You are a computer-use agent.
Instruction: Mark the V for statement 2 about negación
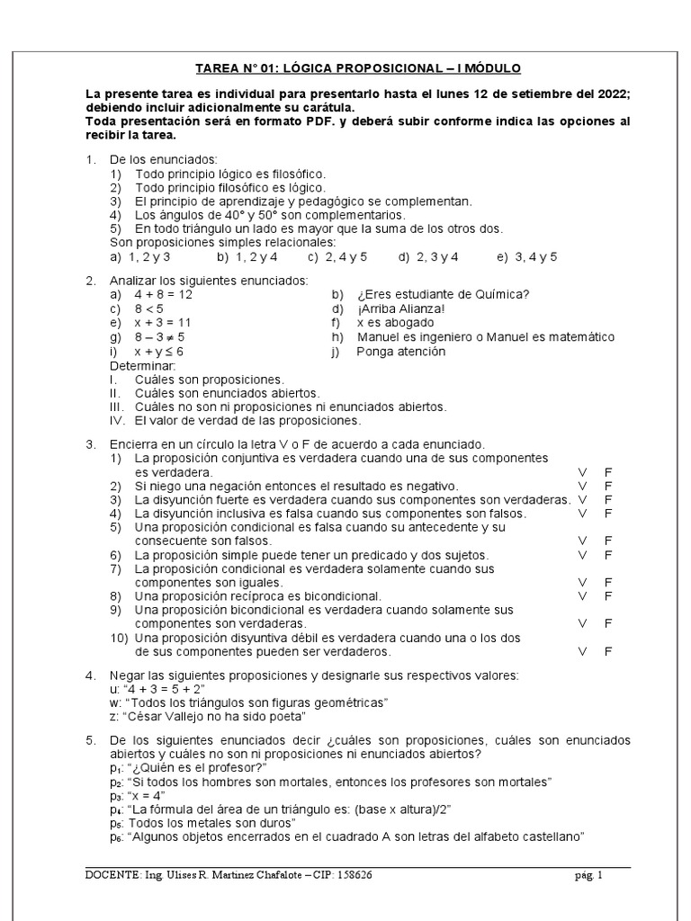582,486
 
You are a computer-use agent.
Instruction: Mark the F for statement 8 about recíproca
608,595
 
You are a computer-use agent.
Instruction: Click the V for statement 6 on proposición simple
582,555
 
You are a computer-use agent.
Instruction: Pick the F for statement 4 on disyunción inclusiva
608,513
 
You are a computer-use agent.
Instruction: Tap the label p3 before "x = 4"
115,797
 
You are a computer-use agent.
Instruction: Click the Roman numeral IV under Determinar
117,420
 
